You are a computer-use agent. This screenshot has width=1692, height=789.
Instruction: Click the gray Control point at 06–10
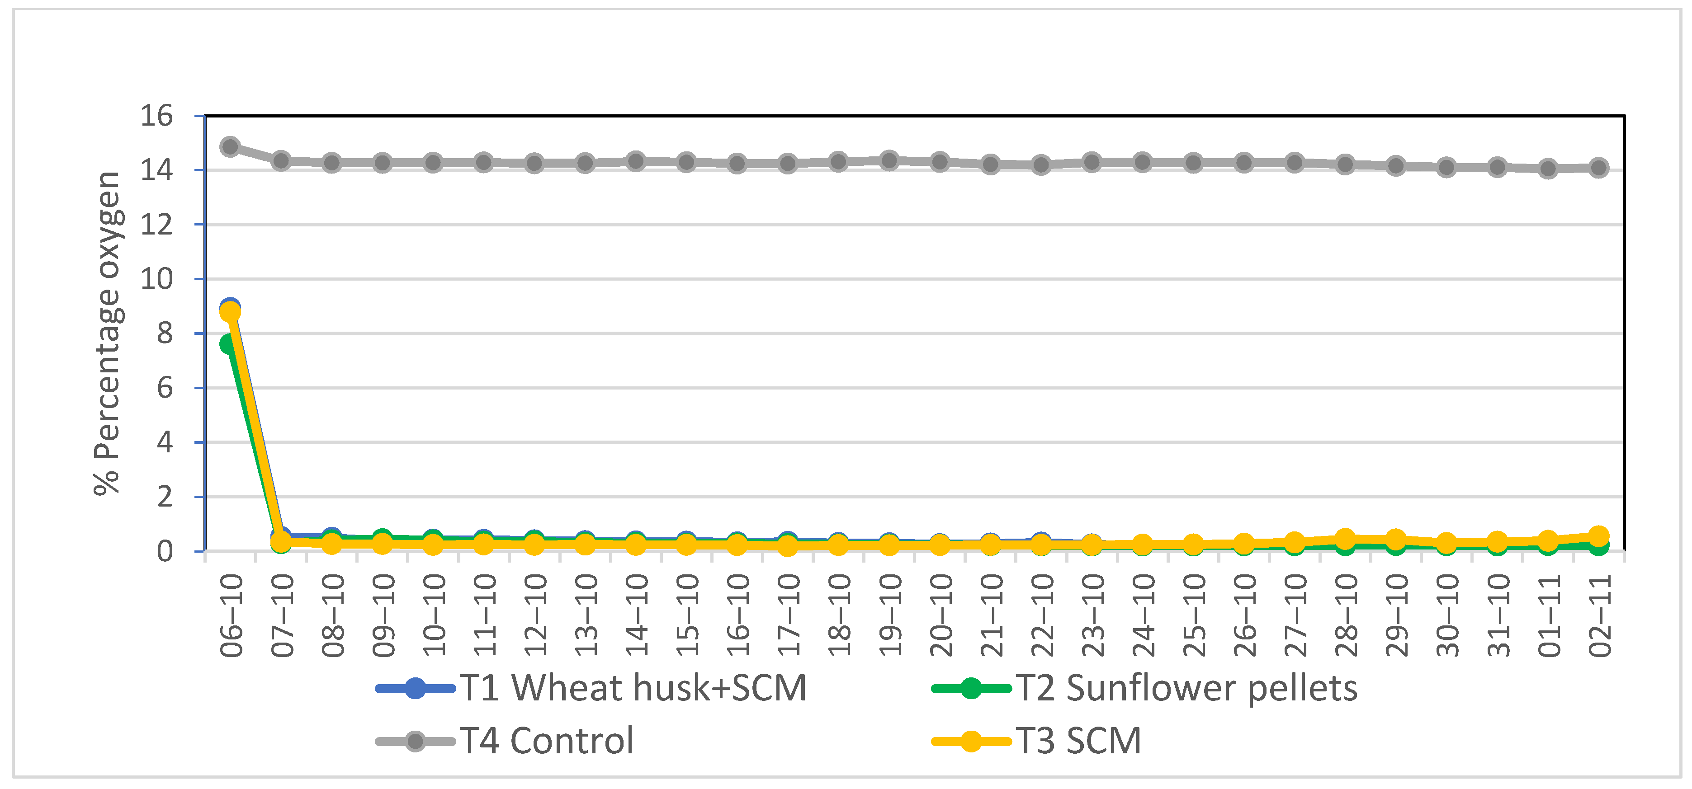pos(230,146)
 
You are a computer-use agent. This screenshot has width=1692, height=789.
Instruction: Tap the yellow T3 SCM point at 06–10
pos(230,312)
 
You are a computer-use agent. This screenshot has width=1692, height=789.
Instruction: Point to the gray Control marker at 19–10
pos(889,160)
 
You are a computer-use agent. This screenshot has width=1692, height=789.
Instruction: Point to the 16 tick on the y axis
pos(156,116)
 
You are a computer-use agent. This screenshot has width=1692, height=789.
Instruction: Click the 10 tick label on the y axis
pos(156,279)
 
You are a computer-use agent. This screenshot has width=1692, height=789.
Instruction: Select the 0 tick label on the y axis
pos(164,551)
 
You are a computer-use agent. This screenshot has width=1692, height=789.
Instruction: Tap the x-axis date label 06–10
pos(231,616)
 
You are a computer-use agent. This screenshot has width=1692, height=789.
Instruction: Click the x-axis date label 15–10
pos(687,616)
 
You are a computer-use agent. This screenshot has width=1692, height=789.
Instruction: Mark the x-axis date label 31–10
pos(1498,616)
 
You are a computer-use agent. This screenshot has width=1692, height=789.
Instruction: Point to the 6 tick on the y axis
pos(164,388)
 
